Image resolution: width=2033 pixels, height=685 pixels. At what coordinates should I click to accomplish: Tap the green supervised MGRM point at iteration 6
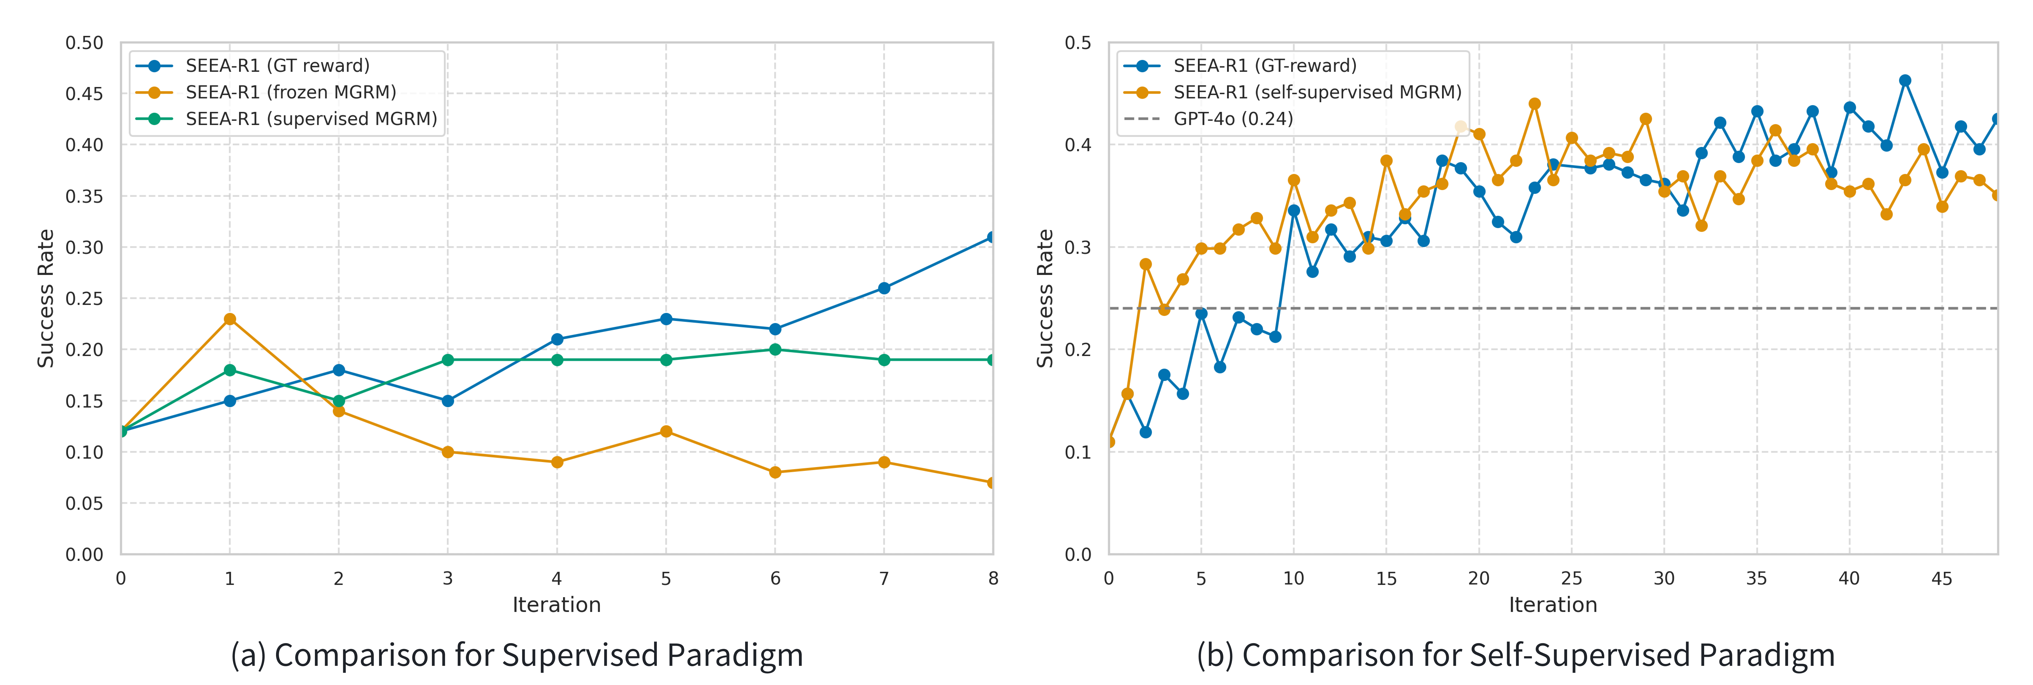pyautogui.click(x=775, y=350)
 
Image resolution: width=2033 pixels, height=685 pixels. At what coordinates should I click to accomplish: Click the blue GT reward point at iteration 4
pyautogui.click(x=557, y=339)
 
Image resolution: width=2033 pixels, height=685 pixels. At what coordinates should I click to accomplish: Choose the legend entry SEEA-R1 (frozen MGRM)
pyautogui.click(x=290, y=92)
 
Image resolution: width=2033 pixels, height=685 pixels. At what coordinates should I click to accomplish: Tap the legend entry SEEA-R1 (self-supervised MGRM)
pyautogui.click(x=1316, y=92)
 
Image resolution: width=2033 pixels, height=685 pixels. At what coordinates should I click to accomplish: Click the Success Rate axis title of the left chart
pyautogui.click(x=46, y=298)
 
